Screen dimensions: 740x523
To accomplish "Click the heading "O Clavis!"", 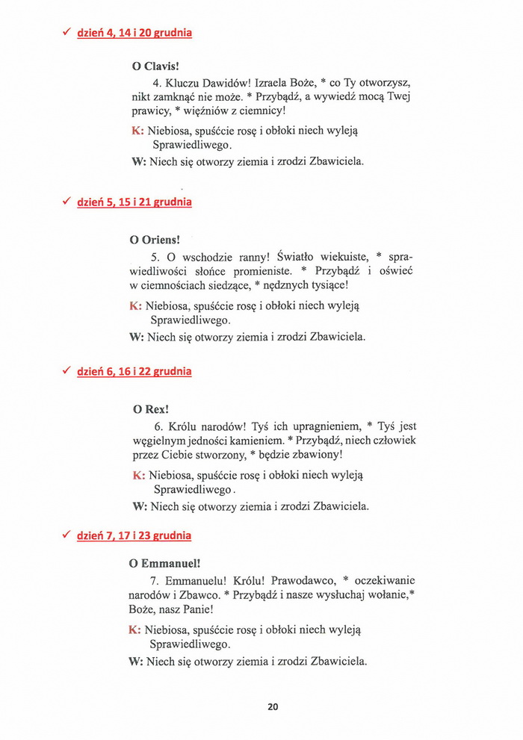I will click(155, 66).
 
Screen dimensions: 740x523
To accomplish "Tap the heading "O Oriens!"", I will click(155, 240).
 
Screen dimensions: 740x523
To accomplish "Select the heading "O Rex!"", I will click(150, 409).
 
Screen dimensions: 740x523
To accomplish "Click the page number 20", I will click(273, 706).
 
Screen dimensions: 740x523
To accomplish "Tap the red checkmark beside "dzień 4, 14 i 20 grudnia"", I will click(66, 32).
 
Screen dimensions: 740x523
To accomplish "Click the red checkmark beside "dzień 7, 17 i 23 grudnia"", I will click(66, 535).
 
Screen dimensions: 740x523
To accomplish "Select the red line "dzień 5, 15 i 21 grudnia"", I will click(134, 202).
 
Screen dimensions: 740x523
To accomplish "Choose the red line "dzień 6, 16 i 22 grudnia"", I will click(134, 371).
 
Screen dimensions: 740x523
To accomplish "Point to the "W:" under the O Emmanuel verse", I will click(136, 661).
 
